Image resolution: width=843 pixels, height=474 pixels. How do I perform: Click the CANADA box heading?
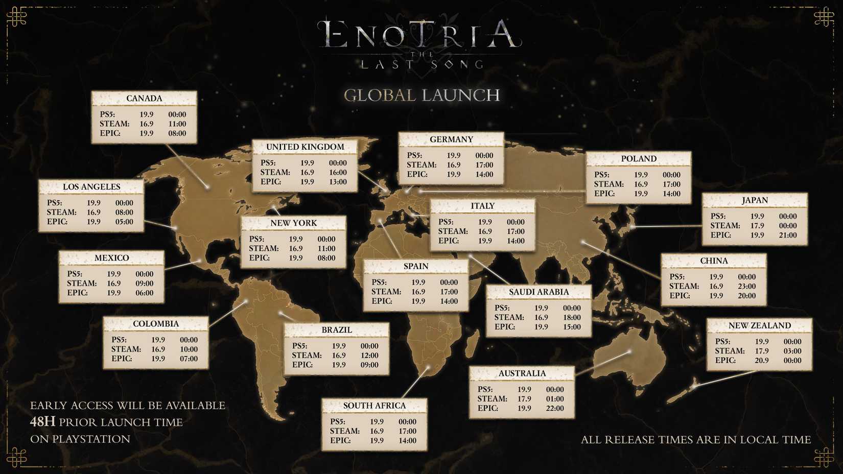point(144,98)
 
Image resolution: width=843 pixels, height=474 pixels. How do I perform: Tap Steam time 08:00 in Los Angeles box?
point(124,212)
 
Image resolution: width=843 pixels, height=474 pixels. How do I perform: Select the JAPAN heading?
point(755,200)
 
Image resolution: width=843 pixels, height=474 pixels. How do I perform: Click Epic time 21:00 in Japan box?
point(787,235)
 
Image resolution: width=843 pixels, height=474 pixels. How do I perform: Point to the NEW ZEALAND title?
point(759,325)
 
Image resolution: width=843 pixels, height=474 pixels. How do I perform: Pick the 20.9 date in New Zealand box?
point(761,360)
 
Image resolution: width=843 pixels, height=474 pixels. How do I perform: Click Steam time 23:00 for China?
point(746,286)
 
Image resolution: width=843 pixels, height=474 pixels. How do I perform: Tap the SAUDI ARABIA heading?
point(538,292)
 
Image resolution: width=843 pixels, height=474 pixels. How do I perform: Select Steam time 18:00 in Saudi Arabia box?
point(572,317)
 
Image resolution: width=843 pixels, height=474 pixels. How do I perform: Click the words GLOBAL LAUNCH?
point(421,95)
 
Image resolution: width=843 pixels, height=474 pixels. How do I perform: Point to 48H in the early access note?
point(42,422)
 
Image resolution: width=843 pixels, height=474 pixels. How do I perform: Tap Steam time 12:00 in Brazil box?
point(369,355)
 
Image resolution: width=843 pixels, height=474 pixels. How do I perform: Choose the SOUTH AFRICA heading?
point(374,406)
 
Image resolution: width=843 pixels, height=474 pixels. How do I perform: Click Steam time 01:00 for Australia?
point(555,398)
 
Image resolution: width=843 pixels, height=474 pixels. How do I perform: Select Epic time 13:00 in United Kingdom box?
point(338,181)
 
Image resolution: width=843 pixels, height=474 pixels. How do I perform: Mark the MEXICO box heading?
point(111,258)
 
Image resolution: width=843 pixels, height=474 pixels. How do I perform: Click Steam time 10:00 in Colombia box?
point(189,349)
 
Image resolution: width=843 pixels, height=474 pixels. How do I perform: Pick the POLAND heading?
point(639,158)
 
